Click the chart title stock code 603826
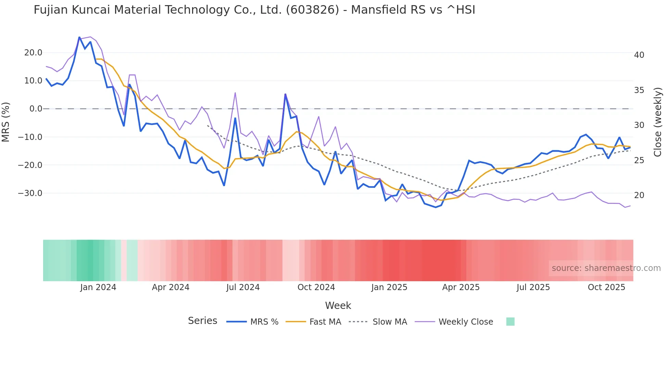pos(312,10)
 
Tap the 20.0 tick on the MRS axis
pos(33,53)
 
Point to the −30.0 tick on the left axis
pos(30,193)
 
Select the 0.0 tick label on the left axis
pos(36,109)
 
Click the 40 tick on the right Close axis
pos(639,55)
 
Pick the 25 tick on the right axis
pos(639,160)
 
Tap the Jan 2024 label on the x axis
pos(98,287)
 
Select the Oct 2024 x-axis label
pos(316,287)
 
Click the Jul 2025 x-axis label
pos(533,287)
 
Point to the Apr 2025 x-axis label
pos(461,287)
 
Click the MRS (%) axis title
pos(6,122)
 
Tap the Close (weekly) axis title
pos(658,122)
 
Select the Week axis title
pos(338,305)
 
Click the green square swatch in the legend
pos(510,322)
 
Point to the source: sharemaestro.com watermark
pos(606,268)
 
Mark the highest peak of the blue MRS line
pos(79,37)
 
